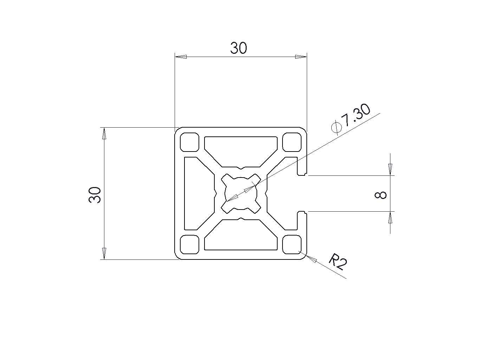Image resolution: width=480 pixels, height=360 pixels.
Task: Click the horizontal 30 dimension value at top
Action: coord(238,48)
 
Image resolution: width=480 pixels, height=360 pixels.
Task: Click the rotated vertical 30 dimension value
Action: coord(95,195)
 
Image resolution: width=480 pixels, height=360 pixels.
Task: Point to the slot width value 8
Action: coord(381,195)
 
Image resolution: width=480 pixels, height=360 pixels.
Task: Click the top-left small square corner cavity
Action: coord(189,142)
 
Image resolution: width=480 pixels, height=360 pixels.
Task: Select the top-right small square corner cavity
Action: coord(292,142)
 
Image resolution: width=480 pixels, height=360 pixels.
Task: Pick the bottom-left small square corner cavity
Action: coord(189,244)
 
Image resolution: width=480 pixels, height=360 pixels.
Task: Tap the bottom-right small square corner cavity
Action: coord(292,244)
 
